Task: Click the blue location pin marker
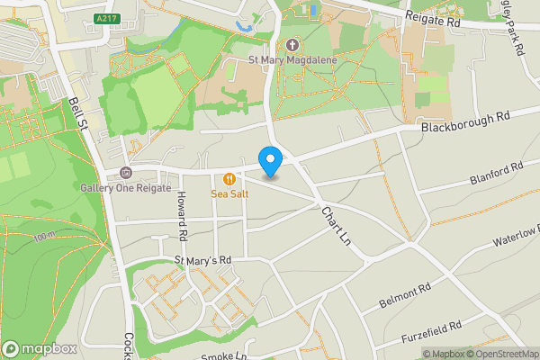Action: click(x=270, y=161)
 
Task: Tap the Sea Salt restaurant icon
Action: click(x=230, y=178)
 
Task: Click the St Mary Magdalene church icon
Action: click(x=292, y=45)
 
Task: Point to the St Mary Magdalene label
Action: click(x=292, y=61)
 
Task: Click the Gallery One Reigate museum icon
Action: click(x=125, y=173)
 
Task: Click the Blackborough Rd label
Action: click(x=464, y=122)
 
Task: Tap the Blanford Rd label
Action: click(x=496, y=173)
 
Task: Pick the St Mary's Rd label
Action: click(x=202, y=259)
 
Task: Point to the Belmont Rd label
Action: click(x=406, y=295)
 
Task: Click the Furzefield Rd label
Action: click(x=430, y=330)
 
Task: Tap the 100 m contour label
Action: click(x=42, y=238)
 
